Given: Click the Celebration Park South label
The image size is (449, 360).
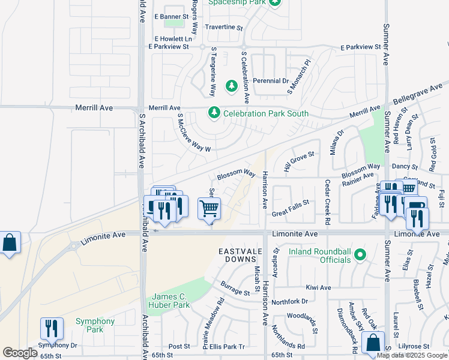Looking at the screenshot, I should [x=266, y=113].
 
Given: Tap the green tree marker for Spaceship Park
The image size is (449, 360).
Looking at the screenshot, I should [x=275, y=3].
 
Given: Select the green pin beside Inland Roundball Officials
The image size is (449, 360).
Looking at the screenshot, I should [x=360, y=255].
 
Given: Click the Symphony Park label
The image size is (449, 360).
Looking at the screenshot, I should [x=95, y=325].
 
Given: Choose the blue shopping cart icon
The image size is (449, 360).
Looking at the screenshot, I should [x=209, y=209].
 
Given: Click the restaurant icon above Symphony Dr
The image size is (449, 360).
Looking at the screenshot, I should [x=52, y=328].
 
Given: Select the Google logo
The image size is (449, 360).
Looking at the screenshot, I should [x=20, y=353].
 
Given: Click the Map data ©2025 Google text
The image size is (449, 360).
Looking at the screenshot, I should [x=412, y=355].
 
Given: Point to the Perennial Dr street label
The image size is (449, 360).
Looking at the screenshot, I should [x=271, y=80].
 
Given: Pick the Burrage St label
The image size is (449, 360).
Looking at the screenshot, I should [x=235, y=288].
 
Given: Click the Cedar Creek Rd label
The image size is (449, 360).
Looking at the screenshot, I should [x=328, y=202].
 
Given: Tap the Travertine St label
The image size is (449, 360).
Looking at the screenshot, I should [x=223, y=28].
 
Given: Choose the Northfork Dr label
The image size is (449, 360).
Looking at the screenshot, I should [x=289, y=301].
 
